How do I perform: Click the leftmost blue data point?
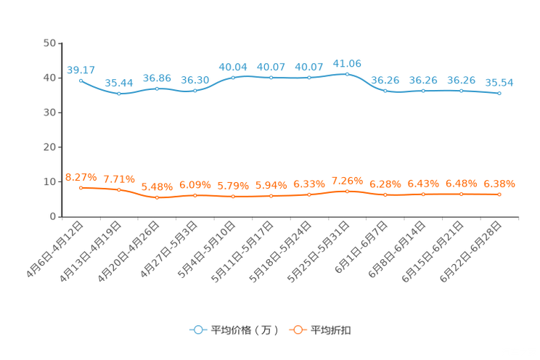point(81,80)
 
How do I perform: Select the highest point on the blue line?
point(347,74)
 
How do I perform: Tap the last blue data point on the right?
point(499,94)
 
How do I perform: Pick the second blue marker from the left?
point(118,94)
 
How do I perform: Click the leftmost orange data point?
point(81,188)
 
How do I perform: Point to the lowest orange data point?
point(157,197)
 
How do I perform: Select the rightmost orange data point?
point(499,195)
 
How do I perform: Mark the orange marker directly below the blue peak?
point(347,192)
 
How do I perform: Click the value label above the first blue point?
point(81,70)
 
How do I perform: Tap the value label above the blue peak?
point(347,63)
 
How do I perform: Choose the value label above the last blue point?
point(499,82)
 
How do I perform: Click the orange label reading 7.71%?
point(118,179)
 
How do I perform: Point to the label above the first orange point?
point(81,176)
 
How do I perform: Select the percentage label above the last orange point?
point(499,184)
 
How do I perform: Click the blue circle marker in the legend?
point(197,330)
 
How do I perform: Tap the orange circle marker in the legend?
point(298,330)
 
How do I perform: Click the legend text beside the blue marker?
point(245,330)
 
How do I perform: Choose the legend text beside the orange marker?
point(332,330)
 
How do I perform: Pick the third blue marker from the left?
point(157,89)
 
